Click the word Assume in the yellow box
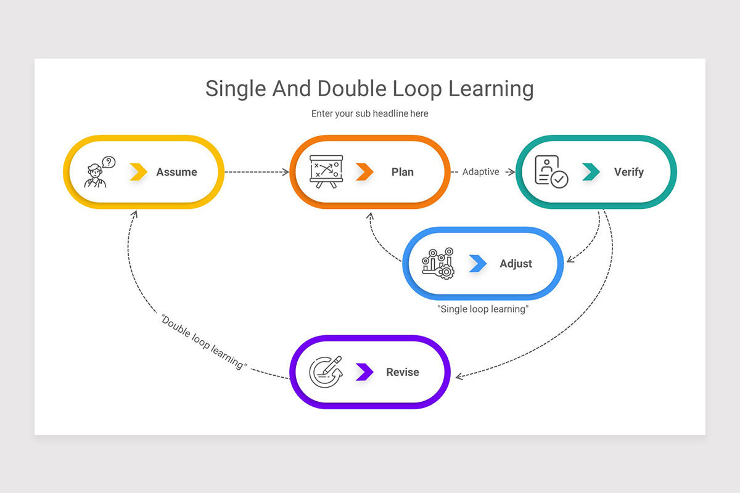tap(176, 173)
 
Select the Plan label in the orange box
tap(402, 173)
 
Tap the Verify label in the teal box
tap(628, 173)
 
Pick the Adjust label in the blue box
tap(516, 264)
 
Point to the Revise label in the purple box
tap(402, 372)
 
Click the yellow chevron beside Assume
tap(139, 173)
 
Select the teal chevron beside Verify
tap(591, 173)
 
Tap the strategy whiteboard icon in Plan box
tap(325, 171)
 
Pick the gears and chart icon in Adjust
tap(438, 263)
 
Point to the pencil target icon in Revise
tap(325, 372)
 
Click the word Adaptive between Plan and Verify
tap(480, 173)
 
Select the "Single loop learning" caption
tap(483, 309)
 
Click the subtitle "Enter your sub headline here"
tap(369, 114)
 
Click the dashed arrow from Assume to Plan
tap(256, 173)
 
